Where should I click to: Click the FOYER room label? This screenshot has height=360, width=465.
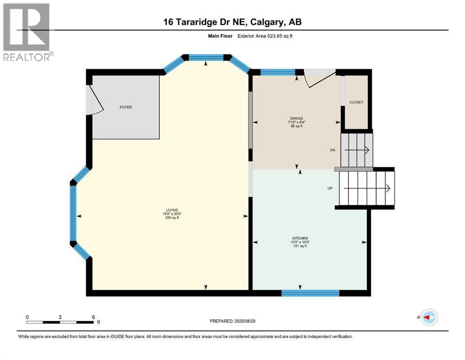pyautogui.click(x=126, y=107)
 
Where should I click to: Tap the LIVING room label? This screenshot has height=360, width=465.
pyautogui.click(x=172, y=210)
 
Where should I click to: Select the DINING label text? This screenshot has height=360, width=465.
pyautogui.click(x=296, y=119)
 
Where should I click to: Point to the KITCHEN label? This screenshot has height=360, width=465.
pyautogui.click(x=300, y=238)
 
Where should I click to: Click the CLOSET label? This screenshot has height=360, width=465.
pyautogui.click(x=356, y=102)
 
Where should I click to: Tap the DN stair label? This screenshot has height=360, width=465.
pyautogui.click(x=333, y=150)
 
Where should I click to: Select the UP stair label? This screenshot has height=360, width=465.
pyautogui.click(x=330, y=188)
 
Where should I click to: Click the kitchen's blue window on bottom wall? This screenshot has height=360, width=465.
pyautogui.click(x=310, y=293)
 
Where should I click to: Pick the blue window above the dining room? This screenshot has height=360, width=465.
pyautogui.click(x=278, y=72)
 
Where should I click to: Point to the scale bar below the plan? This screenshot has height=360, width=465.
pyautogui.click(x=60, y=322)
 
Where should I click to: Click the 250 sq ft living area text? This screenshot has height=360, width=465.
pyautogui.click(x=172, y=218)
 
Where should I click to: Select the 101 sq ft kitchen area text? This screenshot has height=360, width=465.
pyautogui.click(x=300, y=246)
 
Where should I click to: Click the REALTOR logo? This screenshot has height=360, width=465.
pyautogui.click(x=27, y=32)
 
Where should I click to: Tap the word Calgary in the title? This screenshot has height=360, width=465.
pyautogui.click(x=266, y=22)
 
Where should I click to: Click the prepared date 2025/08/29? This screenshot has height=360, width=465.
pyautogui.click(x=245, y=321)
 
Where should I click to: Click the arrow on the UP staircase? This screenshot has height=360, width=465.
pyautogui.click(x=367, y=188)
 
